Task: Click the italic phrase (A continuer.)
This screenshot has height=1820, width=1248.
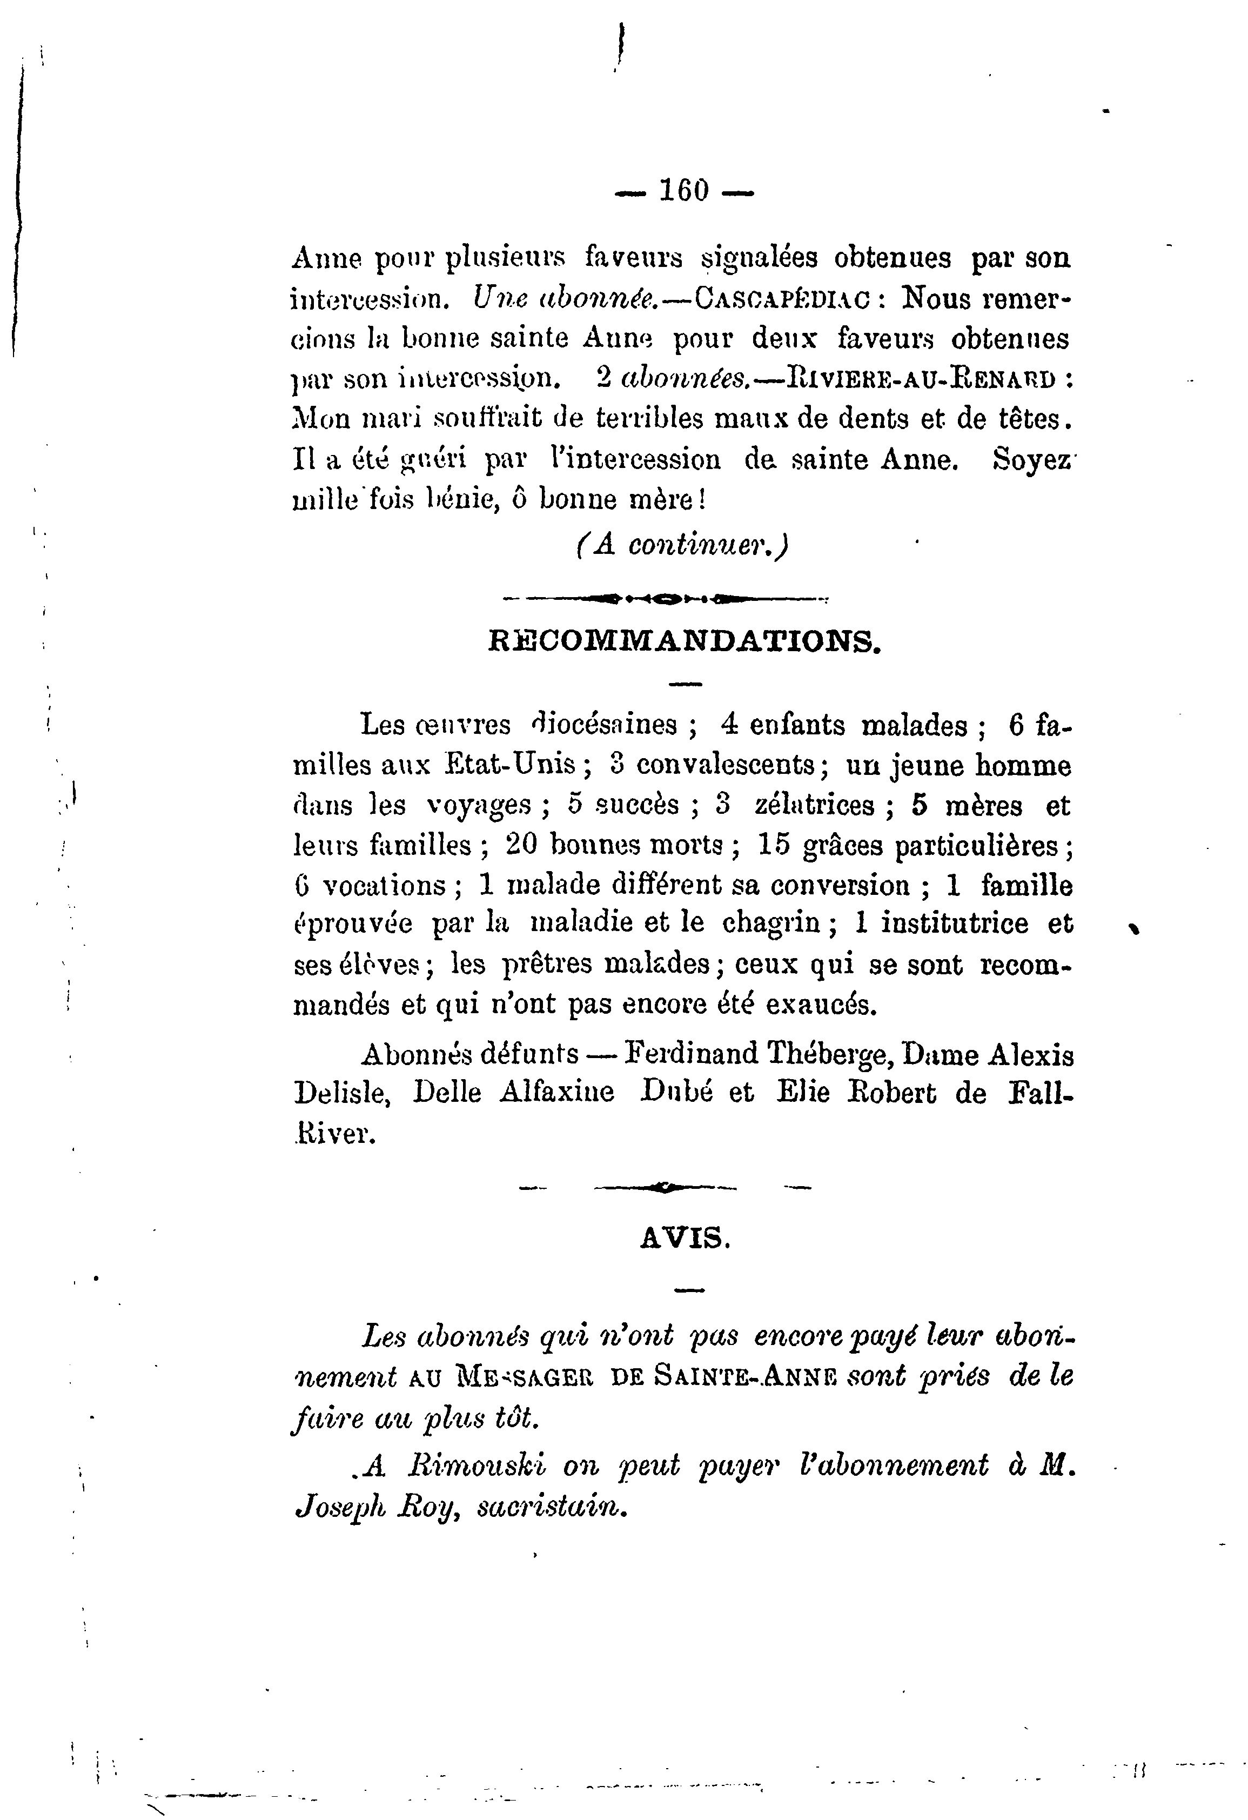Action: (x=680, y=544)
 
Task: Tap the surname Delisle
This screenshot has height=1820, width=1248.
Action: (x=341, y=1094)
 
